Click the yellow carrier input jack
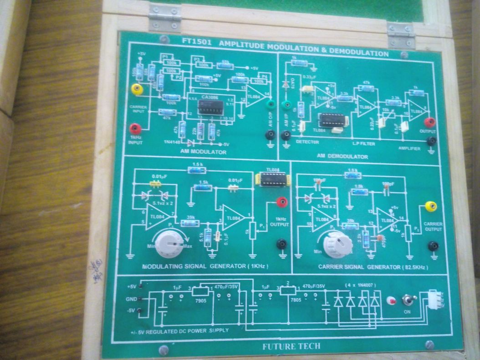[x=135, y=89]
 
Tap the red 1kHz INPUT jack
[x=134, y=129]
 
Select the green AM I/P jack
[x=286, y=106]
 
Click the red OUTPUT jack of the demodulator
[x=429, y=122]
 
